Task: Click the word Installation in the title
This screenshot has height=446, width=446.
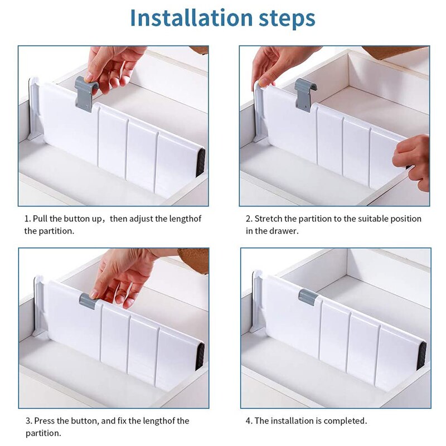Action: tap(191, 18)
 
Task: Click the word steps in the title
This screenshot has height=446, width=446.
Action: tap(287, 19)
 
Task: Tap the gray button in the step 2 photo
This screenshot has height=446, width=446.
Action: tap(305, 95)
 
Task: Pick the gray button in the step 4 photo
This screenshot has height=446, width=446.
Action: tap(308, 297)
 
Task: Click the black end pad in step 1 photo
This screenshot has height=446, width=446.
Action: tap(201, 162)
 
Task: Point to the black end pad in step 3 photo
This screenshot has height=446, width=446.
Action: tap(200, 357)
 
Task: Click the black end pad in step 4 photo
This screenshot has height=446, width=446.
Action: tap(421, 356)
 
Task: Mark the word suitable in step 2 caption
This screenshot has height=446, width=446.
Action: tap(372, 219)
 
